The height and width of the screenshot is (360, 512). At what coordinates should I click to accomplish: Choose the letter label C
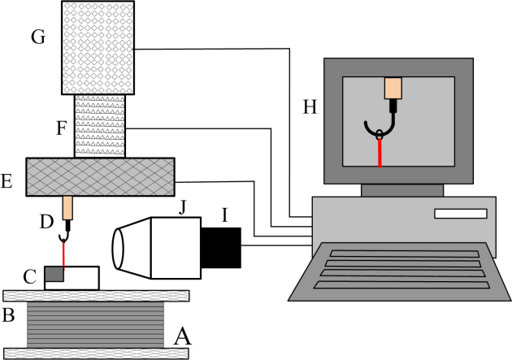coord(29,278)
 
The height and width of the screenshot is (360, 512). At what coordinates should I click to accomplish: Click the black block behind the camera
coord(221,247)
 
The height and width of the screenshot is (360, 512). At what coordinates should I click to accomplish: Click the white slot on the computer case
coord(460,214)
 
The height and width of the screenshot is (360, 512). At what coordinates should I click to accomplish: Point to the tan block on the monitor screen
coord(393,88)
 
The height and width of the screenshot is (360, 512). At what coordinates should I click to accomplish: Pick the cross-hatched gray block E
coord(100,176)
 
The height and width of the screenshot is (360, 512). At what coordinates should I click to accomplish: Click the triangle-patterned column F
coord(100,126)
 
